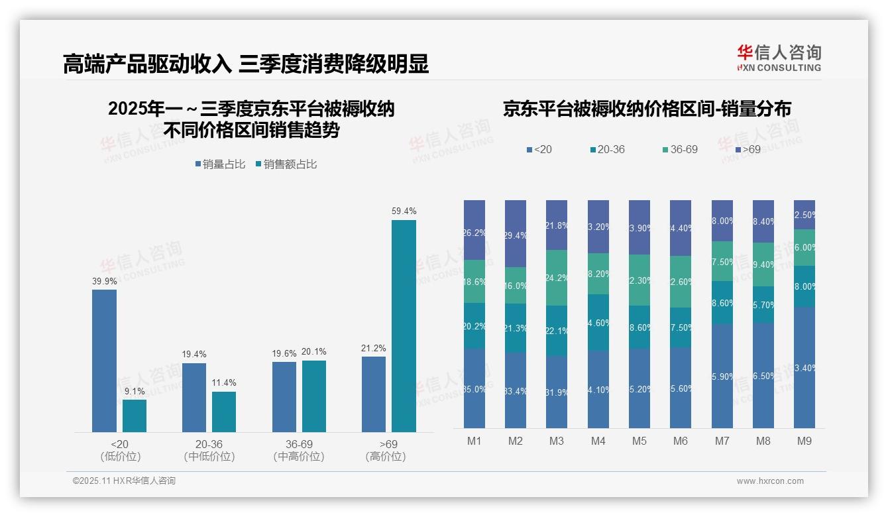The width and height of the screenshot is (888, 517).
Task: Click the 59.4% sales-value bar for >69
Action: [x=404, y=326]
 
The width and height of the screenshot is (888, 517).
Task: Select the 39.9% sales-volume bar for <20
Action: [x=104, y=361]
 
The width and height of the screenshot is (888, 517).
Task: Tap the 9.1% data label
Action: [x=134, y=391]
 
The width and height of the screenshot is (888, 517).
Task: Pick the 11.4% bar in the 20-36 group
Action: [x=224, y=412]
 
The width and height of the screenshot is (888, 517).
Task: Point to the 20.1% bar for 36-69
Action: [x=314, y=396]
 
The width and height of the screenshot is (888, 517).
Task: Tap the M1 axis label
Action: [x=474, y=441]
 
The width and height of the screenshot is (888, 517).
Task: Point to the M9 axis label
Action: [x=805, y=441]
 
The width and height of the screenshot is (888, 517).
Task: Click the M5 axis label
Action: [x=639, y=441]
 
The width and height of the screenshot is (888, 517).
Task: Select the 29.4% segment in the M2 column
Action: [x=516, y=234]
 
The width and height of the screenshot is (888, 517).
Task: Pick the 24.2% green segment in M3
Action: [x=557, y=278]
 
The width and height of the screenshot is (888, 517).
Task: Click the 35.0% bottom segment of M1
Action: [x=474, y=388]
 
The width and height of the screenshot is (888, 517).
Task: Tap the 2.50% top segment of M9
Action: [x=805, y=215]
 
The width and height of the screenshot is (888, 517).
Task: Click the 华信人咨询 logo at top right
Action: [x=779, y=58]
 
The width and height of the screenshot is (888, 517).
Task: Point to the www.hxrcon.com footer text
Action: [x=770, y=481]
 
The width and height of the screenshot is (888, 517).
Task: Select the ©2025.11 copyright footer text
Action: [x=124, y=481]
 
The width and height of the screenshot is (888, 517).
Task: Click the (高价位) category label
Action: [x=386, y=457]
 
